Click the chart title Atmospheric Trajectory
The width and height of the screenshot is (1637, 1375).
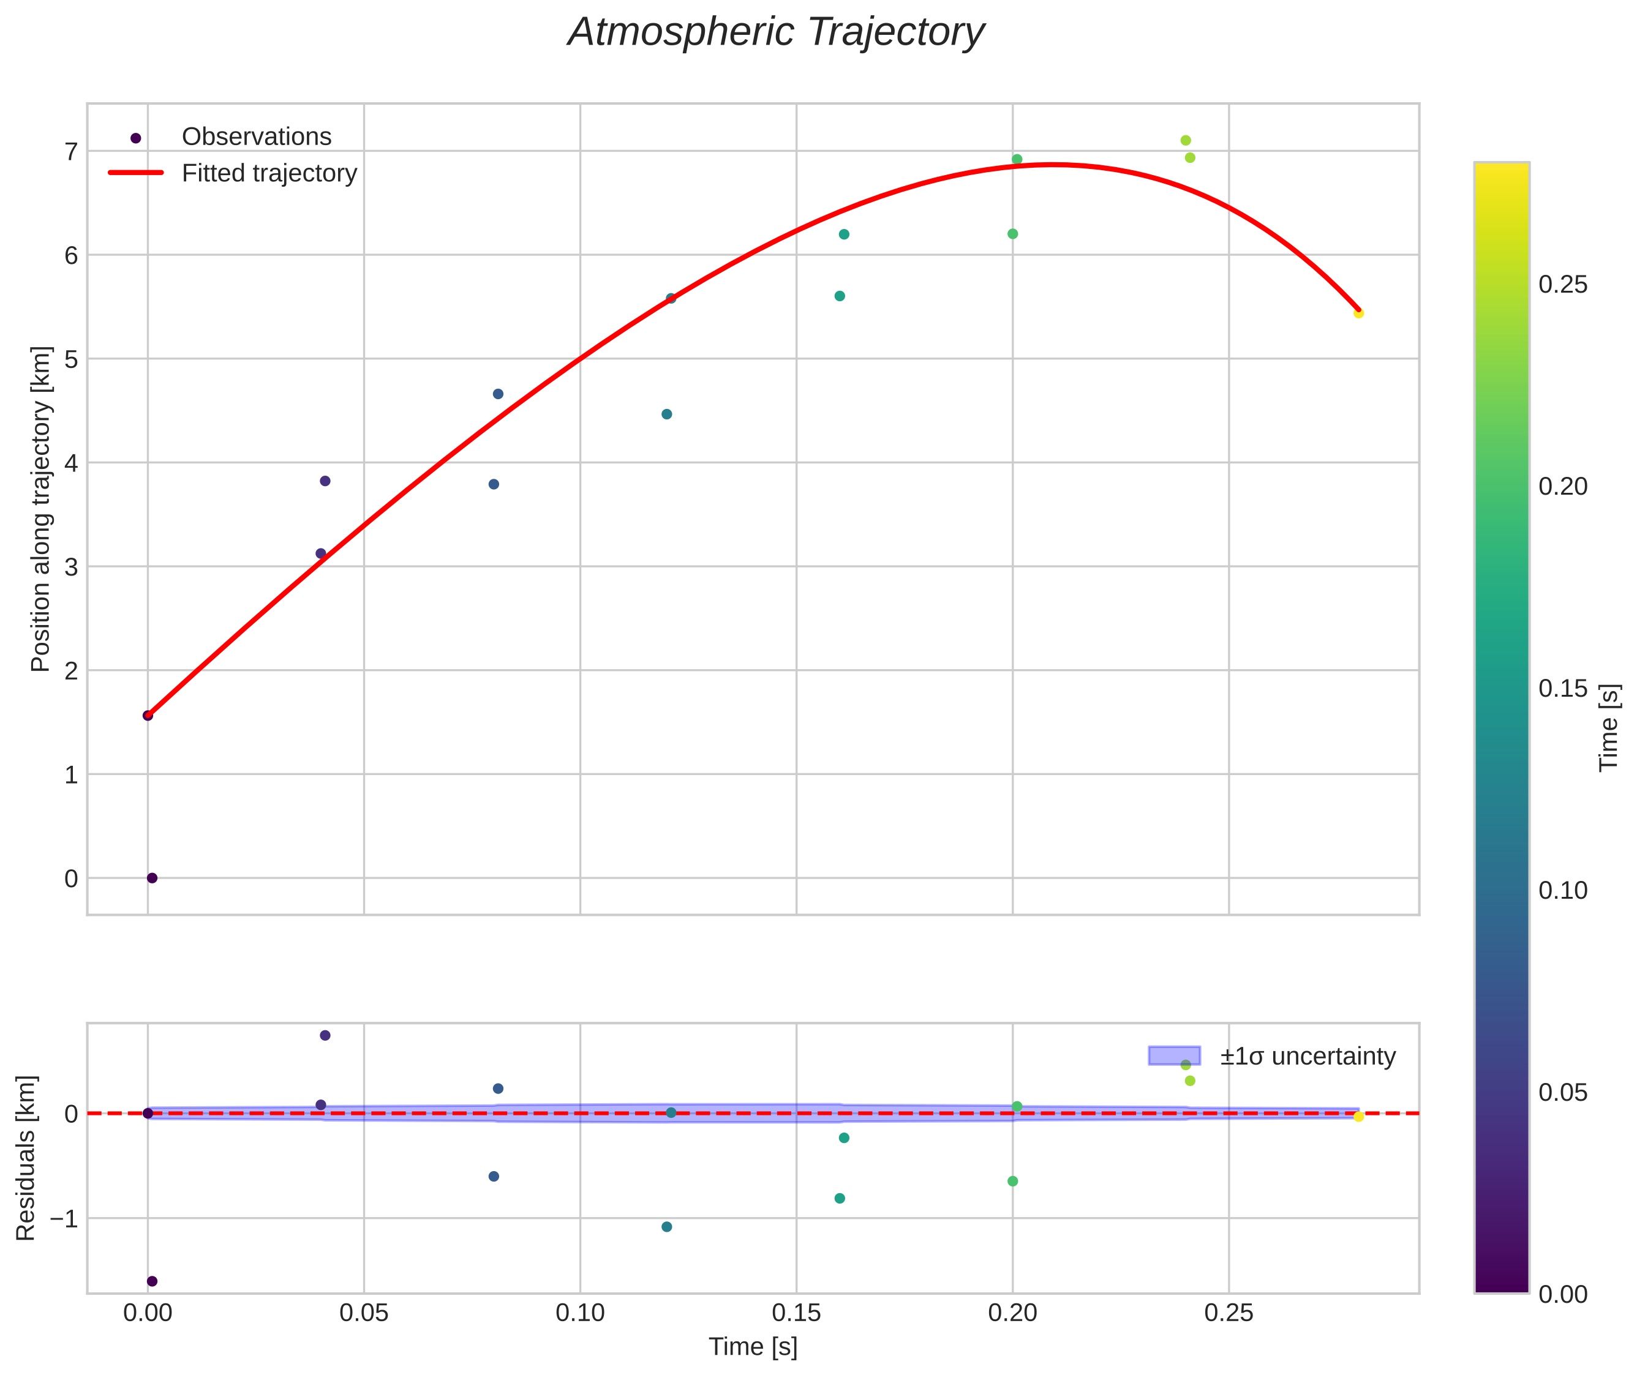pyautogui.click(x=776, y=32)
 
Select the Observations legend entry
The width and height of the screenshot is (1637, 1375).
pyautogui.click(x=256, y=137)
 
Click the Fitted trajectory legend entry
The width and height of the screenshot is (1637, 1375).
pyautogui.click(x=268, y=173)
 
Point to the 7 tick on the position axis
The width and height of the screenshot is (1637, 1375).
pyautogui.click(x=72, y=151)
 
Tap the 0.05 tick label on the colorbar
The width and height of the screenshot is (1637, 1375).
pyautogui.click(x=1562, y=1093)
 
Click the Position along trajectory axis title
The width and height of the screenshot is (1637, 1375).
pyautogui.click(x=40, y=508)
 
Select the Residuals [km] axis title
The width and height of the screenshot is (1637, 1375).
pyautogui.click(x=26, y=1158)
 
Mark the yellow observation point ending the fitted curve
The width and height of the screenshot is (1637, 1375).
pyautogui.click(x=1358, y=313)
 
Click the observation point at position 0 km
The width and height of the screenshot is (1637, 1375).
pyautogui.click(x=152, y=879)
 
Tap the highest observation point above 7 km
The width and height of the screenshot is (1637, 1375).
pyautogui.click(x=1186, y=140)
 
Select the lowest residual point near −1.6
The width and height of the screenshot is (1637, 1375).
pyautogui.click(x=152, y=1281)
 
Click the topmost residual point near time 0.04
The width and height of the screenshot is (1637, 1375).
pyautogui.click(x=325, y=1036)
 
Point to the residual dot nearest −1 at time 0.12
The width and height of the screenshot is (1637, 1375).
pyautogui.click(x=667, y=1227)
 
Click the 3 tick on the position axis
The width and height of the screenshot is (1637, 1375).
pyautogui.click(x=72, y=567)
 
